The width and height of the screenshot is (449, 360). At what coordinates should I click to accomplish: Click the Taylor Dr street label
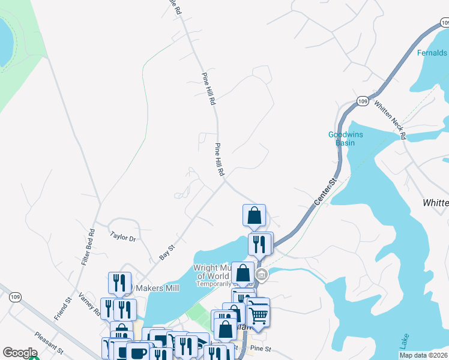(124, 237)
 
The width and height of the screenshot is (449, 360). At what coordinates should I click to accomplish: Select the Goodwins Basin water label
(345, 139)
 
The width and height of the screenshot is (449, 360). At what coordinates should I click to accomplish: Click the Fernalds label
(433, 53)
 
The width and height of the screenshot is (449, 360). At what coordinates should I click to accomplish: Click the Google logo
(20, 353)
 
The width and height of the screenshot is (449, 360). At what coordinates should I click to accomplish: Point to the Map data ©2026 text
(423, 355)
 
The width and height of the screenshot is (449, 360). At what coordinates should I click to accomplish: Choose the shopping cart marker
(259, 313)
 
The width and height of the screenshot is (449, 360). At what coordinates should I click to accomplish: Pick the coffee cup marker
(138, 353)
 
